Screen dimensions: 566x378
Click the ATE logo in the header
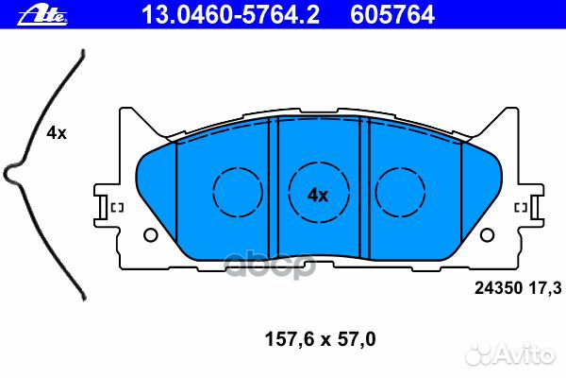point(42,16)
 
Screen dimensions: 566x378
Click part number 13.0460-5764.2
point(231,15)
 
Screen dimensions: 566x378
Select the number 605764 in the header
point(392,15)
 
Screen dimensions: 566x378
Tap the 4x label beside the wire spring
point(57,133)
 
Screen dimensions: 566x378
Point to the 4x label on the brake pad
point(318,196)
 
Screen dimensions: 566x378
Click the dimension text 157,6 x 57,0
point(320,339)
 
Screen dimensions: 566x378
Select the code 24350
point(498,288)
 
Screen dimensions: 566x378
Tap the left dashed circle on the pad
point(238,193)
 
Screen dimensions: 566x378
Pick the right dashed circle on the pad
point(400,193)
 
